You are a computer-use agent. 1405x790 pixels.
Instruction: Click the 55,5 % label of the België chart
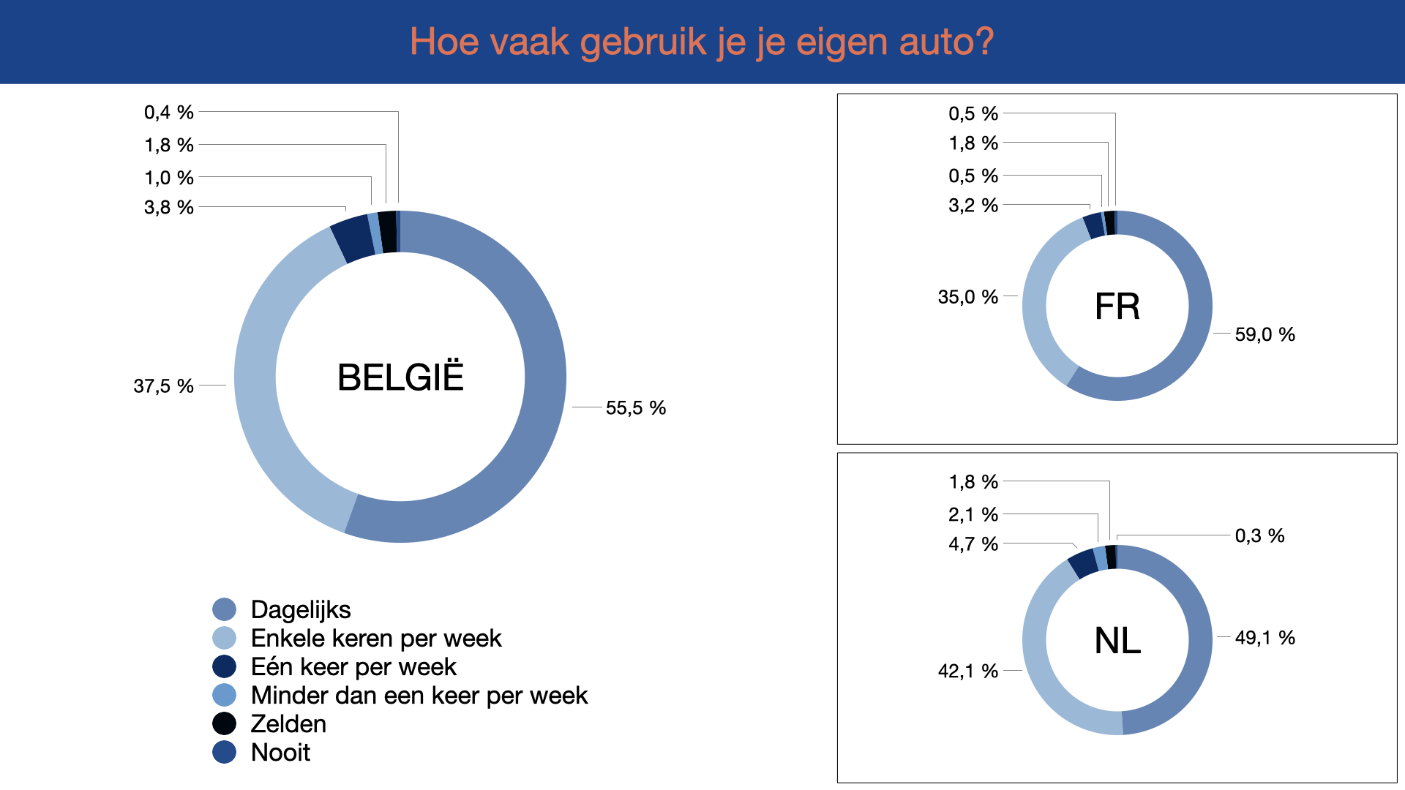[x=635, y=407]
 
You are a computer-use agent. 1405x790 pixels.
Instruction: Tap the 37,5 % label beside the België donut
[x=163, y=385]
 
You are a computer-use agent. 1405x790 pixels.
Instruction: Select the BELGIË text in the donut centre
[x=400, y=377]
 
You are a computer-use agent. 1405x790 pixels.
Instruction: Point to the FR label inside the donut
[x=1117, y=306]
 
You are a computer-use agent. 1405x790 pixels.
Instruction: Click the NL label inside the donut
[x=1117, y=641]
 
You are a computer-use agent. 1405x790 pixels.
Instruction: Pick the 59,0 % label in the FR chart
[x=1264, y=334]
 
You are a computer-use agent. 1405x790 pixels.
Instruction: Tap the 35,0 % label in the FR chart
[x=968, y=297]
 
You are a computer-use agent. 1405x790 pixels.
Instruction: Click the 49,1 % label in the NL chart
[x=1264, y=638]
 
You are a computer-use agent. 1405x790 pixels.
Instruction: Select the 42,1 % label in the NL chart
[x=968, y=671]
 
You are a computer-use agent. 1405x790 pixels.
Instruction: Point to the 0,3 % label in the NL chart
[x=1259, y=535]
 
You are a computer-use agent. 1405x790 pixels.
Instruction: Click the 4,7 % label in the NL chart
[x=973, y=543]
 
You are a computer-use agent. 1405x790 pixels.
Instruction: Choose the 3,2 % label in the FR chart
[x=973, y=205]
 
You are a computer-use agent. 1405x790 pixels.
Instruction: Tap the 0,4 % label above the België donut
[x=169, y=112]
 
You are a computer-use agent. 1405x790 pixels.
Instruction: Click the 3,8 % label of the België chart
[x=169, y=207]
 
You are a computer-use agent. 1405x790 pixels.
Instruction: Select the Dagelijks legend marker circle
[x=225, y=609]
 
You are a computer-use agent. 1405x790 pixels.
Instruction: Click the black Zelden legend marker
[x=225, y=723]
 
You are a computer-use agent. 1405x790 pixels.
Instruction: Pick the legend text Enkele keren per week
[x=376, y=638]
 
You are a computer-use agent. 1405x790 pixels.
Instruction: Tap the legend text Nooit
[x=280, y=752]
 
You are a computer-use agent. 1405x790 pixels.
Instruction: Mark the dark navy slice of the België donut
[x=352, y=238]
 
